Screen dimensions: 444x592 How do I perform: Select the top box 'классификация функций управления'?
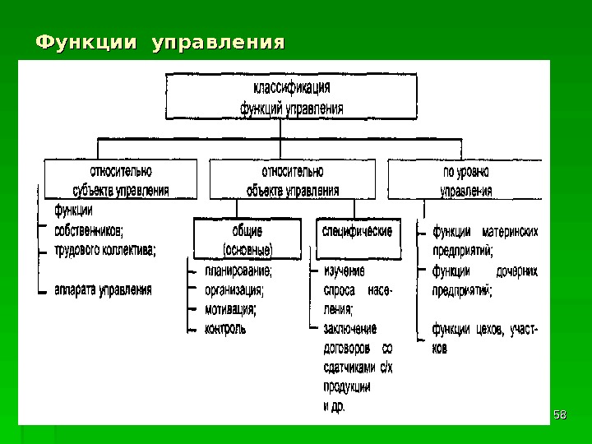291,96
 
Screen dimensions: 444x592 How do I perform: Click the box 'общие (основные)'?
247,239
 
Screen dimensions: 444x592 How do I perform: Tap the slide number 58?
560,414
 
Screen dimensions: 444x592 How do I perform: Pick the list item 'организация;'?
234,289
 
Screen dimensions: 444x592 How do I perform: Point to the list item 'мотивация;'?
230,309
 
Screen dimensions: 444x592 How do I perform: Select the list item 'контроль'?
224,329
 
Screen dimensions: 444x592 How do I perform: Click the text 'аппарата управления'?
103,289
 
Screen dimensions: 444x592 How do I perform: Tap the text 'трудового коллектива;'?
104,247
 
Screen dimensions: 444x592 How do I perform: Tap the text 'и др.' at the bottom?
334,405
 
